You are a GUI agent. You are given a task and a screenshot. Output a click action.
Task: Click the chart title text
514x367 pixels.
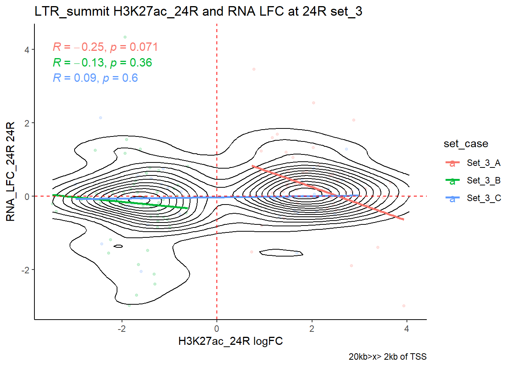click(x=198, y=11)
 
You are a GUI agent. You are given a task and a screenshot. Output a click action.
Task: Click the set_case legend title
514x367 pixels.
click(x=466, y=144)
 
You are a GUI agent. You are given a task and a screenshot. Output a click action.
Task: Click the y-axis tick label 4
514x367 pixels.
click(x=27, y=50)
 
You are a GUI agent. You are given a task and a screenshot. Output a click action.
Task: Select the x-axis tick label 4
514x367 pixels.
click(x=407, y=329)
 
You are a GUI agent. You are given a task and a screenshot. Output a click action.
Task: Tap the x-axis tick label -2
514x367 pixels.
click(x=122, y=329)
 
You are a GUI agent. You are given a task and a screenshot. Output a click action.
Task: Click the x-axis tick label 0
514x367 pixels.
click(x=217, y=329)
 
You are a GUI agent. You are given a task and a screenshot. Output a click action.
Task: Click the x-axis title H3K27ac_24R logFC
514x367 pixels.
click(x=230, y=341)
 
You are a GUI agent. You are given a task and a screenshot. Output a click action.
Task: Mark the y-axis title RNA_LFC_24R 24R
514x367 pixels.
click(x=11, y=171)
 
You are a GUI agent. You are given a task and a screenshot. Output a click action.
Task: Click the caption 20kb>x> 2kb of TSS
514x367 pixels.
click(x=387, y=357)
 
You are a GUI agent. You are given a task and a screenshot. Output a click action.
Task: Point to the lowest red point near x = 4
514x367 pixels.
click(x=404, y=306)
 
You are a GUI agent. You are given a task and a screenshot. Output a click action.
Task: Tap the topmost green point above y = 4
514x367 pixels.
click(x=125, y=37)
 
